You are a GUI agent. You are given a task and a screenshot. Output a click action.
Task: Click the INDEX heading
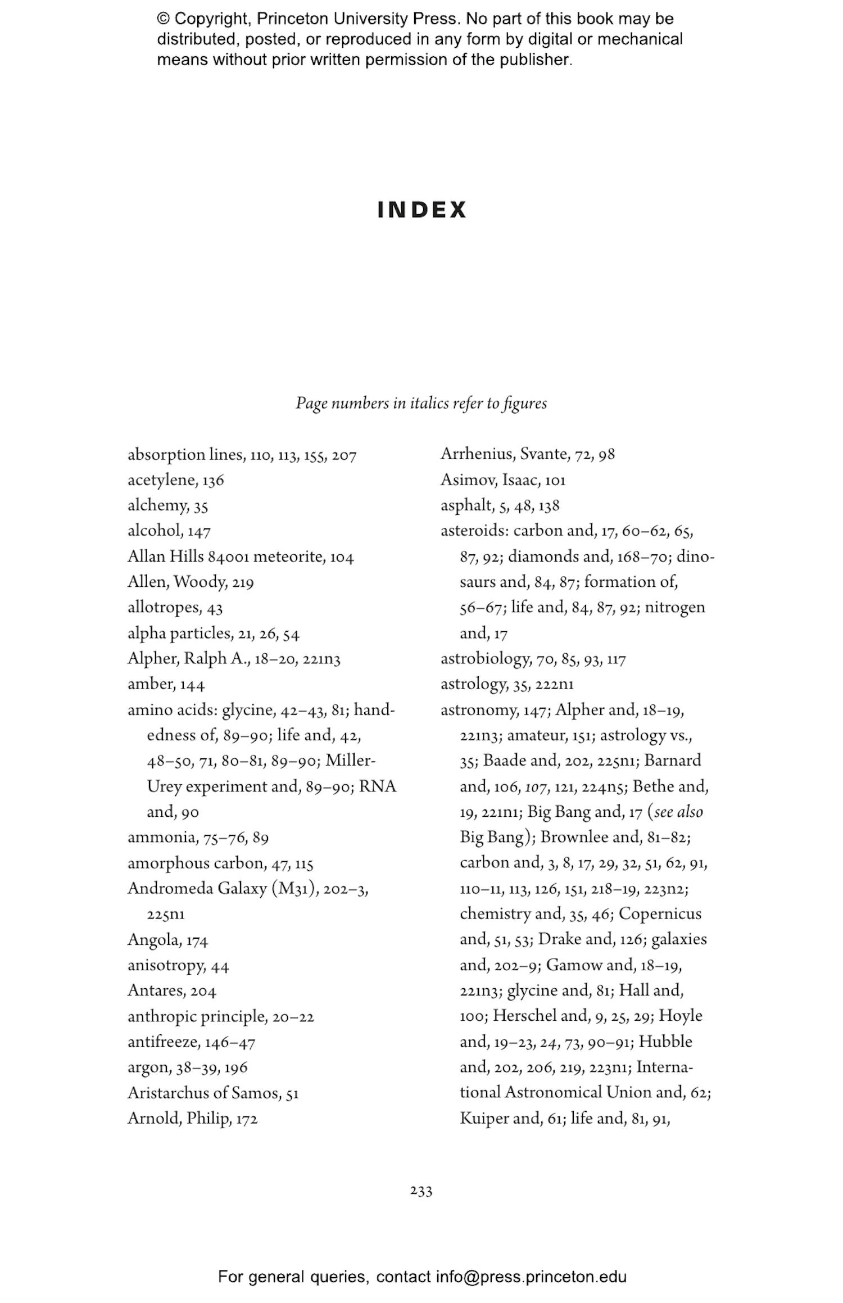pos(422,210)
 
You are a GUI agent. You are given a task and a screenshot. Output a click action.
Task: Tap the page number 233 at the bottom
pos(421,1191)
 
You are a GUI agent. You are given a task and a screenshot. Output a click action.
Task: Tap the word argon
pos(148,1067)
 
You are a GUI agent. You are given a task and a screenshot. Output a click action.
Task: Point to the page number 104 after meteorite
pos(342,557)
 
